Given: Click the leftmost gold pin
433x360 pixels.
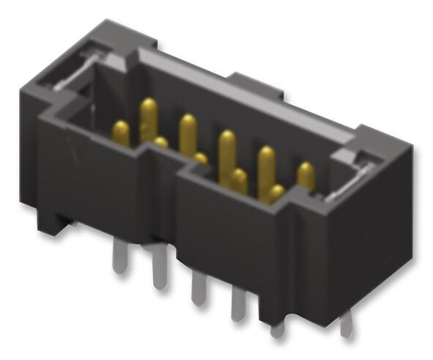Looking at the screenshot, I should click(x=121, y=133).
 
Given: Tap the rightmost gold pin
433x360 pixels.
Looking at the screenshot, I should click(x=306, y=176).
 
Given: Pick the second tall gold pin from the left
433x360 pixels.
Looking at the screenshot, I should click(x=188, y=132).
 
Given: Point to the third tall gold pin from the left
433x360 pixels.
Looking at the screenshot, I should click(x=226, y=150).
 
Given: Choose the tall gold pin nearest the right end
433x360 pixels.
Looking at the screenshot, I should click(x=265, y=165).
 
